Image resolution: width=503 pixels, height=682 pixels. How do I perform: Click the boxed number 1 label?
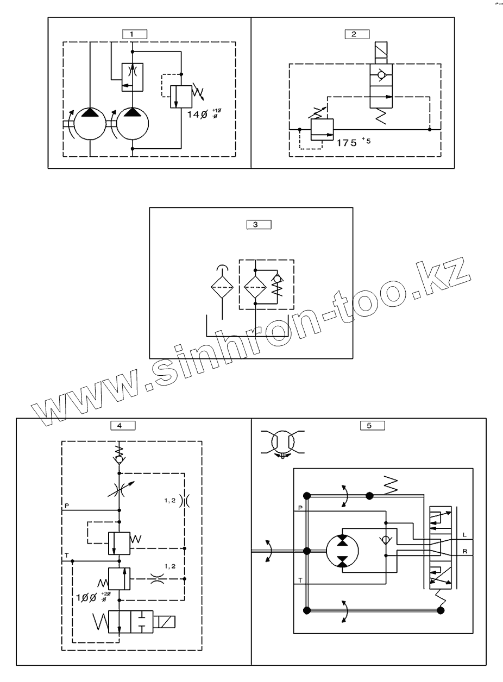pyautogui.click(x=131, y=34)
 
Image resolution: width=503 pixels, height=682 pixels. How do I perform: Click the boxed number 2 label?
pyautogui.click(x=354, y=34)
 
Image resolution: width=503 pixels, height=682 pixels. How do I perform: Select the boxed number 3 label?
pyautogui.click(x=255, y=224)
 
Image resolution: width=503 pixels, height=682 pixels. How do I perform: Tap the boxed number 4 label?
pyautogui.click(x=119, y=426)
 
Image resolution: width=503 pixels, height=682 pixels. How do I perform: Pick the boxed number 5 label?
pyautogui.click(x=369, y=426)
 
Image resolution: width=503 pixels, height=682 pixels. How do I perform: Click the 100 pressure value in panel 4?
pyautogui.click(x=86, y=597)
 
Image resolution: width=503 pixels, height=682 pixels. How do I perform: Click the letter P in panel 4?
pyautogui.click(x=67, y=506)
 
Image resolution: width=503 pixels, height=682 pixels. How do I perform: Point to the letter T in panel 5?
pyautogui.click(x=300, y=580)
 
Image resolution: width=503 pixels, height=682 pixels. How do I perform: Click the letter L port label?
pyautogui.click(x=464, y=535)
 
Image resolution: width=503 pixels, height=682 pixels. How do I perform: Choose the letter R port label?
pyautogui.click(x=464, y=552)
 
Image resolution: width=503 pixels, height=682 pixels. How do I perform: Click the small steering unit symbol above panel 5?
pyautogui.click(x=282, y=440)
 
